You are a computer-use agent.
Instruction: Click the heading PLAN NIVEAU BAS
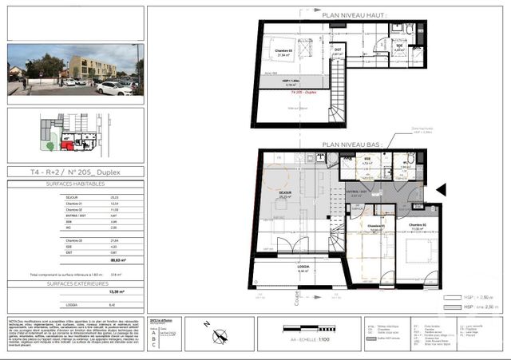point(351,145)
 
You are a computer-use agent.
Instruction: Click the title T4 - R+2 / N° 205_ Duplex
point(76,172)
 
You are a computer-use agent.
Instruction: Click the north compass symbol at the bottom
point(208,325)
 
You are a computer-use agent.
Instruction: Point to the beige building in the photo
point(92,67)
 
